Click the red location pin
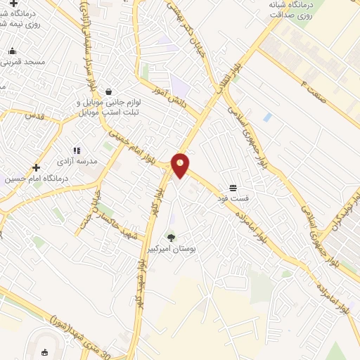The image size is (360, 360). click(x=181, y=165)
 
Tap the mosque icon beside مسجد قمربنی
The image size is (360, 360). click(x=12, y=51)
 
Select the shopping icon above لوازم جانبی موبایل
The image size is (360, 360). click(x=108, y=91)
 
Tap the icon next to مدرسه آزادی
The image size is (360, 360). click(x=77, y=150)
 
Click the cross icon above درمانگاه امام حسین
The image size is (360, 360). click(x=36, y=167)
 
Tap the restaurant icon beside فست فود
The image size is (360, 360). click(x=233, y=187)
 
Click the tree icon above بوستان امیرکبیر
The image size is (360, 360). click(x=170, y=238)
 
